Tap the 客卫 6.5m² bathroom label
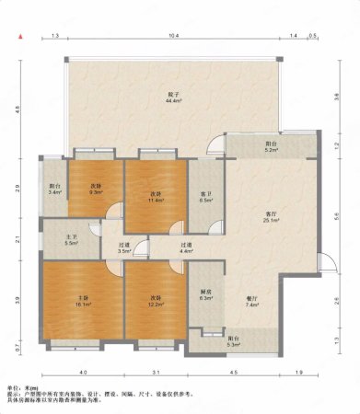click(206, 197)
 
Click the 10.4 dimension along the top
click(173, 35)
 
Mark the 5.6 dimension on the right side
click(338, 217)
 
